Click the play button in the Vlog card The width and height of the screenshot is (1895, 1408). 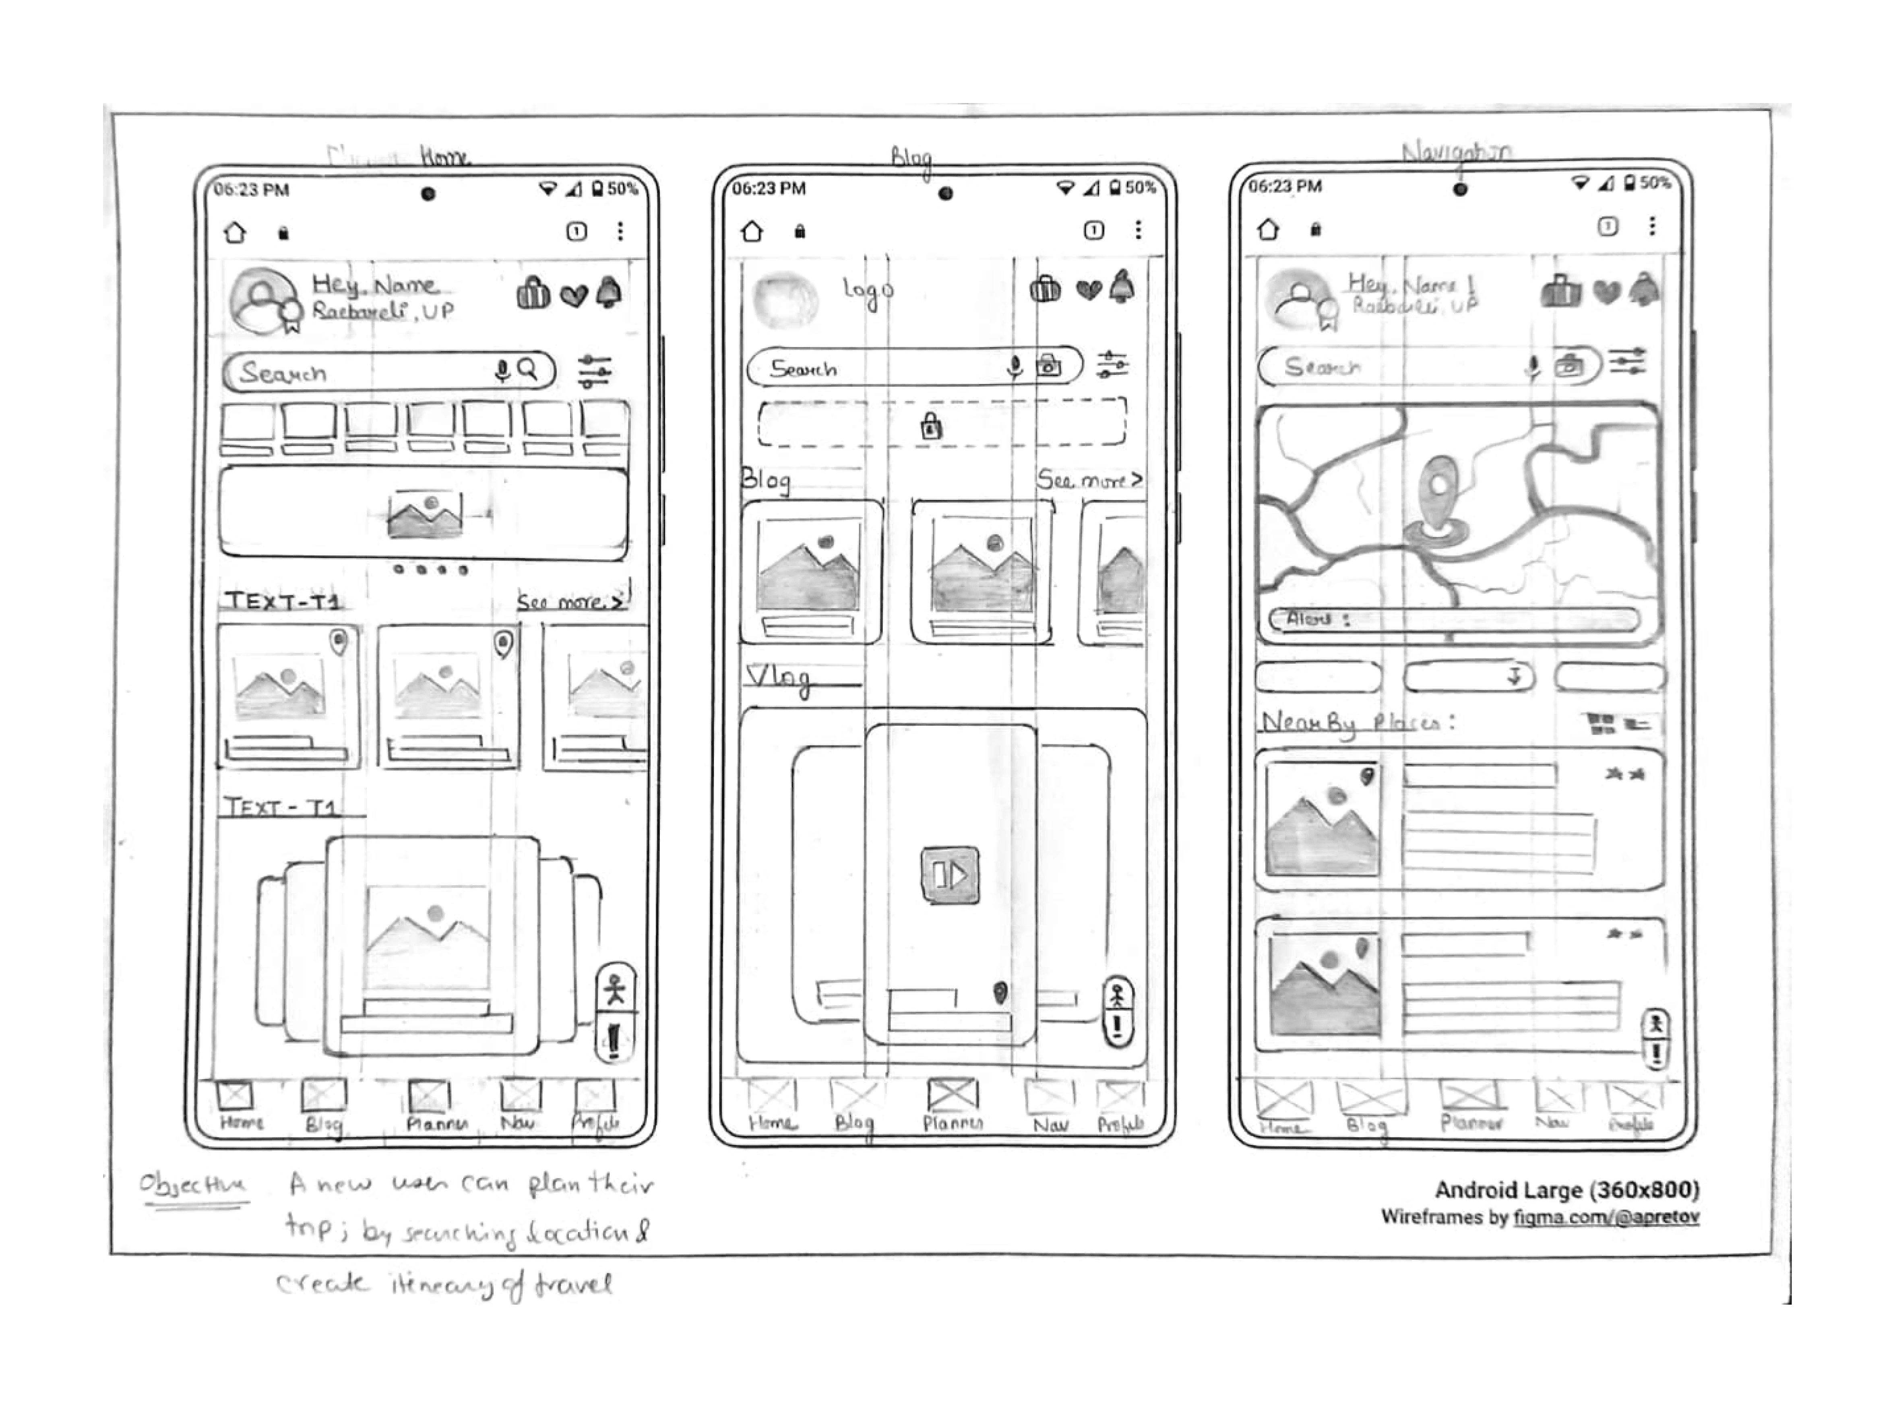point(950,874)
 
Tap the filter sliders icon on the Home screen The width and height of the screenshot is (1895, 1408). point(594,372)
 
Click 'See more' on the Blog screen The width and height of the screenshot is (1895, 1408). point(1089,480)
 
